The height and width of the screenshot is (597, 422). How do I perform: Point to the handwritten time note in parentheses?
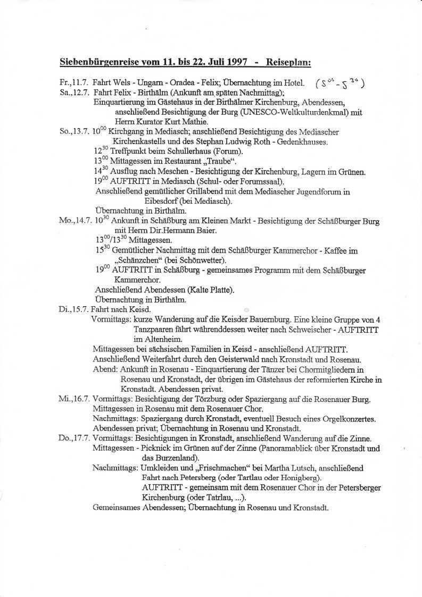(339, 83)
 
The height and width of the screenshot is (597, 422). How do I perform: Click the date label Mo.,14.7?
(75, 222)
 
